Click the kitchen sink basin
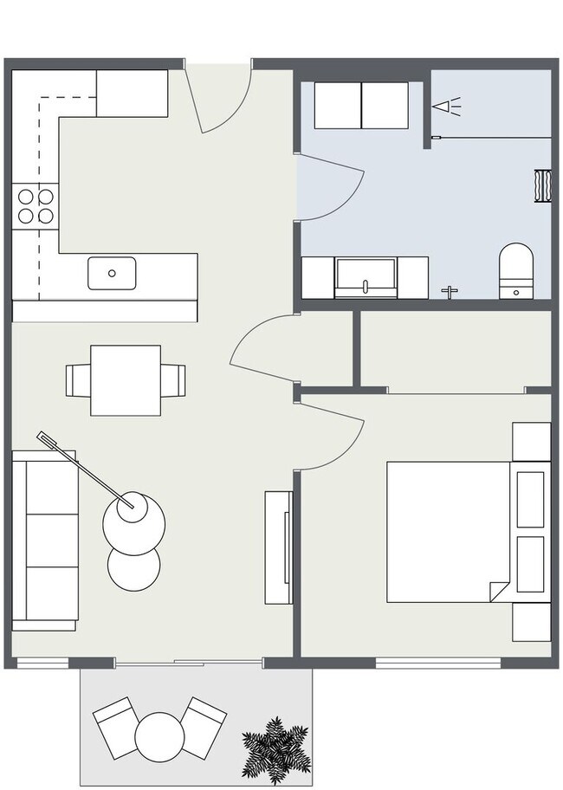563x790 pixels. [x=112, y=273]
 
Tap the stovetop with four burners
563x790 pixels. [x=35, y=206]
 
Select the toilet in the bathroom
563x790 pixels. [x=516, y=269]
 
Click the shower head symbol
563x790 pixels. [x=447, y=107]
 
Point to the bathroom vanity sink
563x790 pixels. [x=366, y=275]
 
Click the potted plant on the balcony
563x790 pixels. [x=276, y=746]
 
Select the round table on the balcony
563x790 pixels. [x=159, y=736]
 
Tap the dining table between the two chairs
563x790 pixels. [x=126, y=379]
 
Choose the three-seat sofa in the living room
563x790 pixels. [x=42, y=540]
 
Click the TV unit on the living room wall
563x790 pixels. [x=279, y=547]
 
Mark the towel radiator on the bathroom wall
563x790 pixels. [x=543, y=185]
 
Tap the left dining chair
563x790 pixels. [x=78, y=379]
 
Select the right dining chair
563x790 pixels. [x=172, y=379]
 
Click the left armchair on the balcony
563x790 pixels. [x=115, y=726]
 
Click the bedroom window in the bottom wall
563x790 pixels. [x=437, y=664]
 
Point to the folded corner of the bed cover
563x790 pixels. [x=499, y=591]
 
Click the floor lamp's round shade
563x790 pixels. [x=133, y=519]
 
